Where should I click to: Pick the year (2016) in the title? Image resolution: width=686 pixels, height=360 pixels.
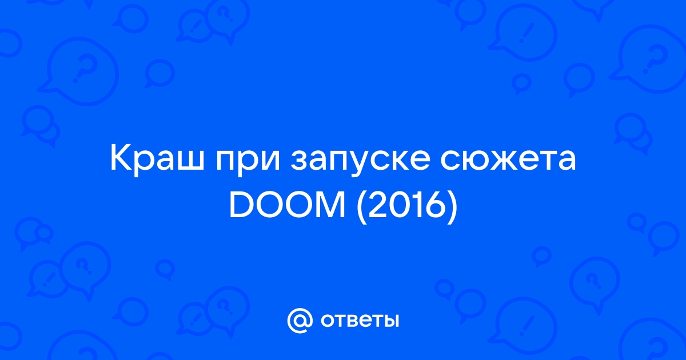click(407, 207)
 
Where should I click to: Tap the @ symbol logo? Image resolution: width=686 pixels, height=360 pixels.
click(300, 321)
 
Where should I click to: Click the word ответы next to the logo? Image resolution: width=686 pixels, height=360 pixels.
click(360, 321)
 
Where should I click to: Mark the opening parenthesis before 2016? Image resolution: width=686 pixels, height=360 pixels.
click(362, 207)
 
